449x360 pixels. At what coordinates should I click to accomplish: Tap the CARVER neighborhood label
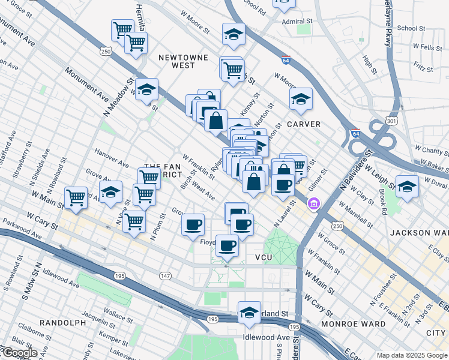303,124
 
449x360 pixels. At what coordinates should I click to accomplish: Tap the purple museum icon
313,205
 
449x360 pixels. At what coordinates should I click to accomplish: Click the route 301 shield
392,121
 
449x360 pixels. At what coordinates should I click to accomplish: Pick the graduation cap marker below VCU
249,313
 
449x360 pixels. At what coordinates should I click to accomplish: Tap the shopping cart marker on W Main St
76,197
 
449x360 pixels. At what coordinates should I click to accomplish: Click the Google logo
19,353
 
